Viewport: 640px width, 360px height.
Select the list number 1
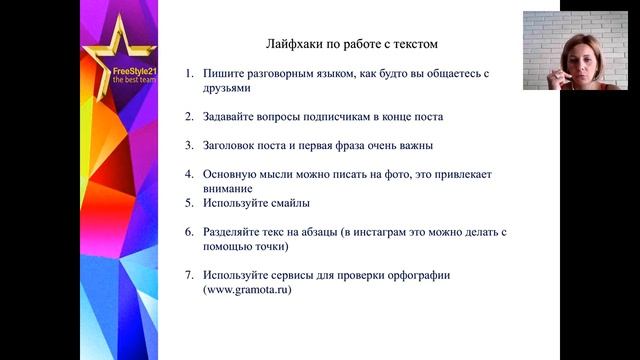[x=189, y=73]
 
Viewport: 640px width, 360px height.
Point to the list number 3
[x=189, y=145]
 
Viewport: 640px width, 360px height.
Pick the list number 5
[x=189, y=203]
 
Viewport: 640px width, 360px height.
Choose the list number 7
[x=189, y=275]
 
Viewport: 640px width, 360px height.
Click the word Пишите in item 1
[x=221, y=73]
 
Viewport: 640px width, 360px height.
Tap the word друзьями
[x=228, y=88]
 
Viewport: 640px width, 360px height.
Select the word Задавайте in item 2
[x=232, y=116]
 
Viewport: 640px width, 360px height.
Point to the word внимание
[x=229, y=188]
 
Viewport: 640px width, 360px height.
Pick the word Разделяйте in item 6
[x=236, y=232]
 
